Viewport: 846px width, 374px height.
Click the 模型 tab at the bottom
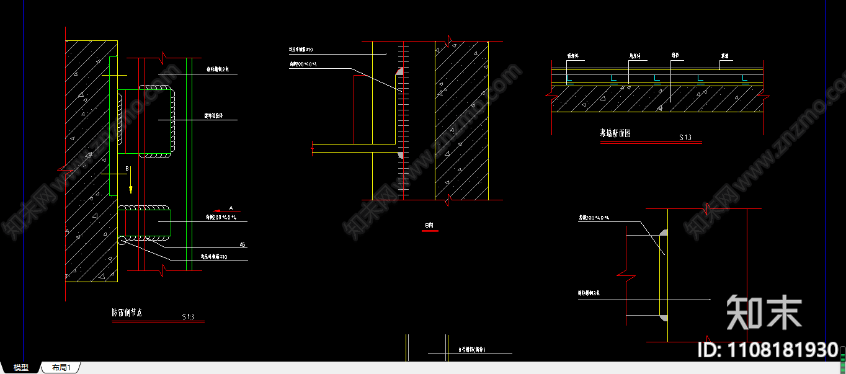[x=21, y=368]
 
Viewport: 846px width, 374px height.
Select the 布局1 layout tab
[x=61, y=368]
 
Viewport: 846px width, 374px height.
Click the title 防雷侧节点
[x=127, y=313]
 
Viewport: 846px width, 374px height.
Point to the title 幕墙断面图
[x=615, y=133]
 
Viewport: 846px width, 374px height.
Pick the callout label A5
[x=243, y=245]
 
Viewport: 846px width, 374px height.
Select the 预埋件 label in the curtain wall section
[x=572, y=56]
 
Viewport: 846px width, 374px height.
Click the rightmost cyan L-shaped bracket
[x=744, y=79]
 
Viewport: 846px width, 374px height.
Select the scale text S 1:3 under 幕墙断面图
[x=685, y=137]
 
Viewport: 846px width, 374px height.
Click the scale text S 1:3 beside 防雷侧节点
[x=188, y=317]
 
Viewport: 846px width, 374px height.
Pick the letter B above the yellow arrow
[x=127, y=169]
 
